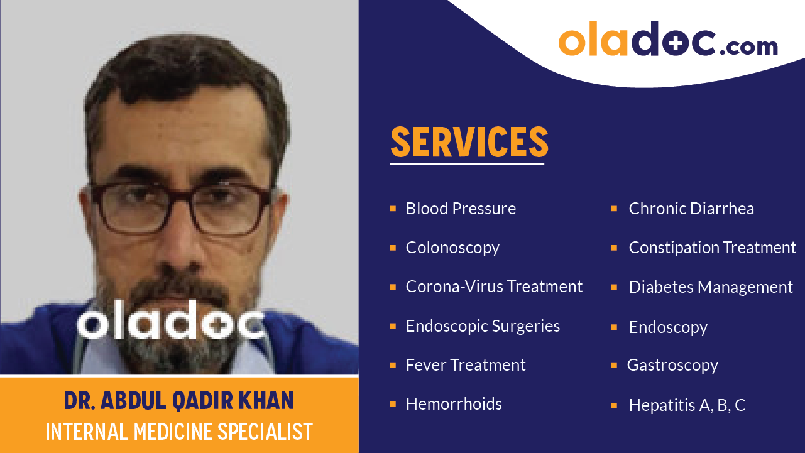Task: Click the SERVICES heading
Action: click(x=469, y=142)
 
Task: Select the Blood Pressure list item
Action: click(x=461, y=209)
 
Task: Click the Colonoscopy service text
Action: click(x=452, y=248)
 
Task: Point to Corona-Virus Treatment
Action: click(x=494, y=287)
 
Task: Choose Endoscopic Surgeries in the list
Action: click(x=483, y=326)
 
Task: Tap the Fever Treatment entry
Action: click(x=466, y=365)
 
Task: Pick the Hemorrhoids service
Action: click(x=454, y=404)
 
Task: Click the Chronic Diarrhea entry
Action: click(x=691, y=209)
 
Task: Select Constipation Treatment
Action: click(x=712, y=248)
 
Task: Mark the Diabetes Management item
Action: click(x=711, y=287)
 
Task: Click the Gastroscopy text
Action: click(x=672, y=365)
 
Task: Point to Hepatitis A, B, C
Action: click(x=687, y=405)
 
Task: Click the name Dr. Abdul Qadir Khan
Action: click(x=178, y=401)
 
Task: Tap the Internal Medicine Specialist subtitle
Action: click(x=178, y=432)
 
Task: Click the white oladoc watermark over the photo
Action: click(x=170, y=324)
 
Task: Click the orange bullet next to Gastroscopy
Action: click(x=614, y=365)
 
